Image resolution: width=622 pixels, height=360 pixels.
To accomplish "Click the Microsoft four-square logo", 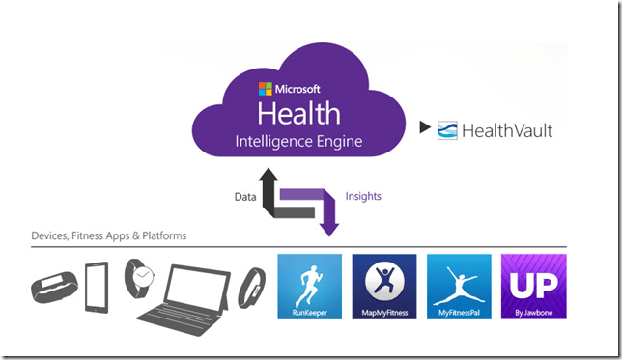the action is coord(265,89).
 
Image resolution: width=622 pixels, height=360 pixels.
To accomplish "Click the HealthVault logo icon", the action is coord(447,130).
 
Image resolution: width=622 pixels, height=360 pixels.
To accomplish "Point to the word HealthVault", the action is coord(508,130).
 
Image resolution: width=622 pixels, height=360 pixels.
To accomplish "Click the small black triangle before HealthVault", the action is coord(425,126).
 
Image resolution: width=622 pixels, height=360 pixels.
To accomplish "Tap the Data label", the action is coord(246,196).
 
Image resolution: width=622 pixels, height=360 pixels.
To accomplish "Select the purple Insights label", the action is coord(363,196).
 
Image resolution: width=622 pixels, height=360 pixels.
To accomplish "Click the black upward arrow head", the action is coord(268,176).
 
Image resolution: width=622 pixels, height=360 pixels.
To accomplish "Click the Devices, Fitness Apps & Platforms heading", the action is coord(108,235).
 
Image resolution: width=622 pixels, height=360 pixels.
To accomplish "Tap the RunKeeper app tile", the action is coord(309,287).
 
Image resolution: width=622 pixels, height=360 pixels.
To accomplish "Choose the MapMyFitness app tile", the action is coord(384,287).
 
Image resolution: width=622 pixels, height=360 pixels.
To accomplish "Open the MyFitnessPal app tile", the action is coord(459,287).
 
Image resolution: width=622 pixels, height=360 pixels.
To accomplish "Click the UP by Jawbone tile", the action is coord(534,287).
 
